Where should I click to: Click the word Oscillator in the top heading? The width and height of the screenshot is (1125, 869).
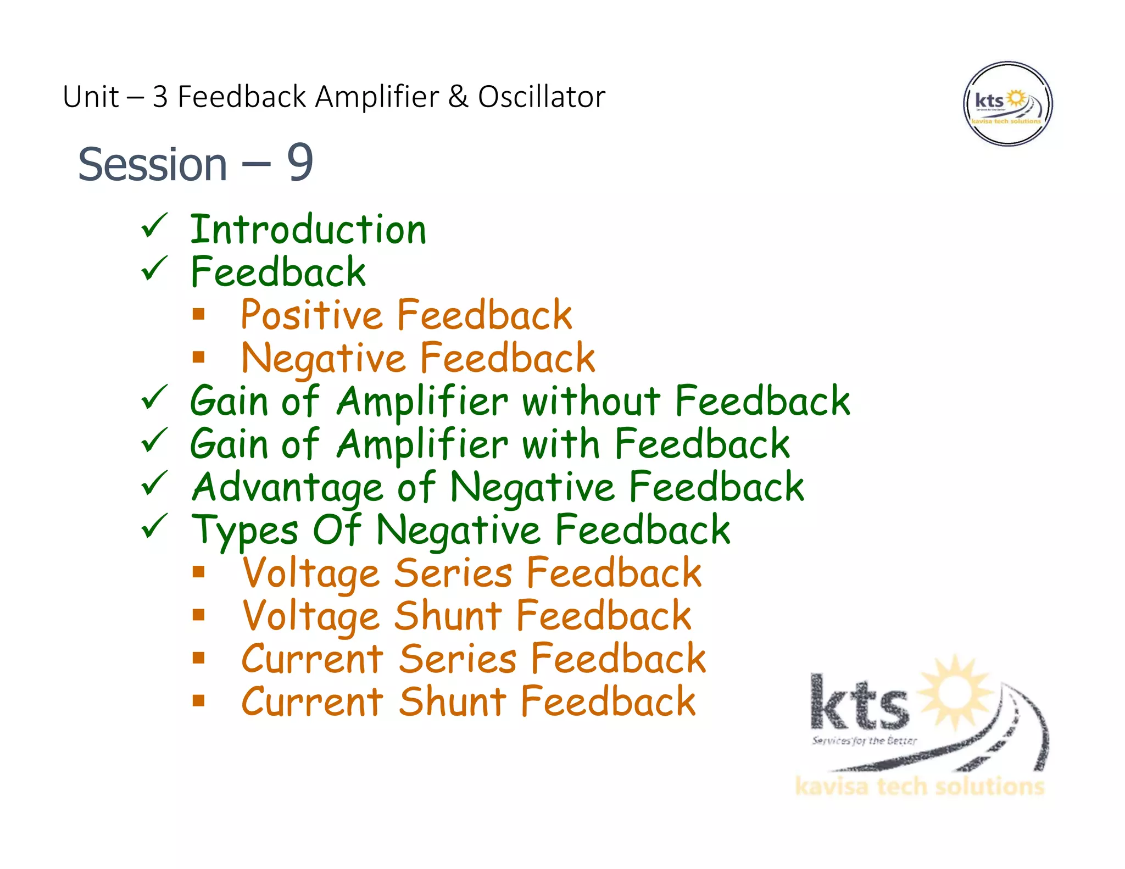pos(541,97)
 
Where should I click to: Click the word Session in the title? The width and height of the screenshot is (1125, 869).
pos(153,164)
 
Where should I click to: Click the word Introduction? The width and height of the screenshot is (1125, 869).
pos(308,230)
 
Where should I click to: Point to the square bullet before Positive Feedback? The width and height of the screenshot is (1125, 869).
pos(199,314)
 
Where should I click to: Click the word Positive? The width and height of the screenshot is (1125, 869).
pos(311,315)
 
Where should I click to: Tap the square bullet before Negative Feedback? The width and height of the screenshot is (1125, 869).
pos(199,358)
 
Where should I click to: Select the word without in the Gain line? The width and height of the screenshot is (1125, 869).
pos(591,401)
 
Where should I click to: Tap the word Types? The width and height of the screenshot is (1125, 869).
pos(245,531)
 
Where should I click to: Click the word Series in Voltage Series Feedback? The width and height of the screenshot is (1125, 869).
pos(454,573)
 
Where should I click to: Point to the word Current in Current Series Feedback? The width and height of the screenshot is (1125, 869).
pos(312,659)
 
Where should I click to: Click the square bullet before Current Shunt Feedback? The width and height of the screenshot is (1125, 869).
pos(199,700)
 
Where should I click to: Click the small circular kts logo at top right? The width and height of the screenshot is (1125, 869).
pos(1007,104)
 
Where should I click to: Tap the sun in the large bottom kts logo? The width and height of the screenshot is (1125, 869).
pos(956,692)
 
